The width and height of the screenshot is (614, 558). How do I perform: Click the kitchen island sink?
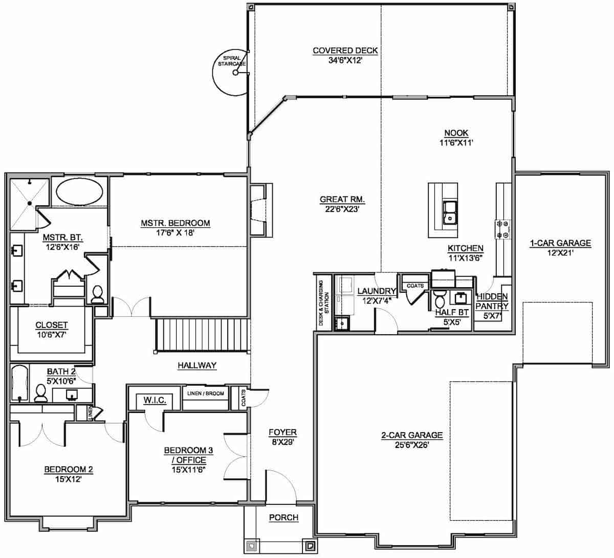(450, 212)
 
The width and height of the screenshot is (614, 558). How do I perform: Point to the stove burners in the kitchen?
(502, 229)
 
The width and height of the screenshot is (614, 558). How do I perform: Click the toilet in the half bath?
(439, 299)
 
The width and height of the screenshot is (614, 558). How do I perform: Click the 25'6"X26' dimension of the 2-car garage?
(411, 445)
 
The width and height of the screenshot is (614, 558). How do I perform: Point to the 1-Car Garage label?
(560, 243)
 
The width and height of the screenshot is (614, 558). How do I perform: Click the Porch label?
(283, 518)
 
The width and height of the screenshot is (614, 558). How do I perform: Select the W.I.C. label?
(155, 400)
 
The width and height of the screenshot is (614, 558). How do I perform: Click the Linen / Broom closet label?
(206, 393)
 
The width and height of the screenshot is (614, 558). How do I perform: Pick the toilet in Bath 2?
(41, 393)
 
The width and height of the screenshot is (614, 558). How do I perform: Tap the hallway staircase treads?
(202, 334)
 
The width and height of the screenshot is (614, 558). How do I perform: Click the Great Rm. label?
(342, 199)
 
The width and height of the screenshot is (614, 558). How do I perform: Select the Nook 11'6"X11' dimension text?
(455, 143)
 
